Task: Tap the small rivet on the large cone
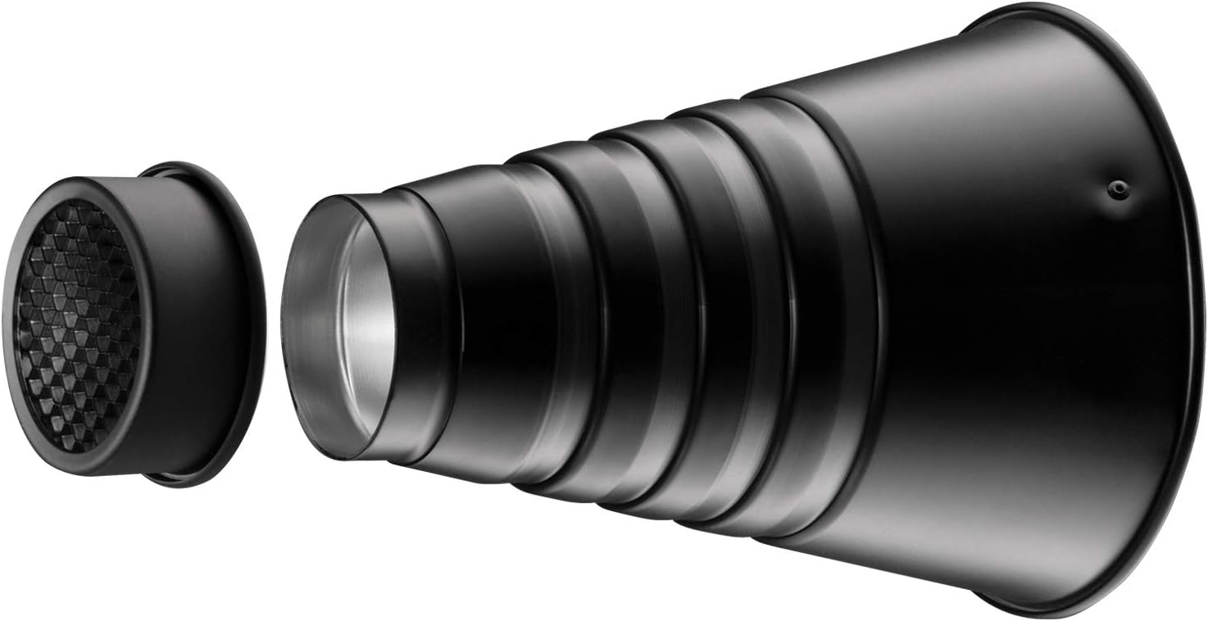[1113, 188]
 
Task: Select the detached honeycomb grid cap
[131, 324]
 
